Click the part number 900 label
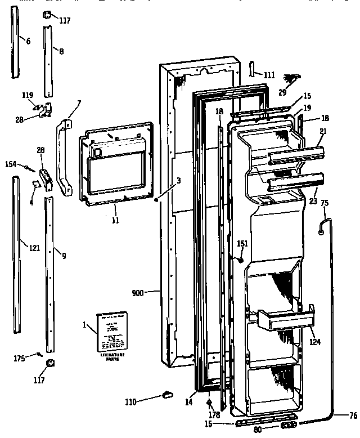tap(138, 292)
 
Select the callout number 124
tap(316, 342)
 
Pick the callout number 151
tap(242, 243)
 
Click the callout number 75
tap(325, 204)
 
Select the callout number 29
tap(283, 92)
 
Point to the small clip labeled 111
tap(253, 70)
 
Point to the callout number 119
tap(27, 95)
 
